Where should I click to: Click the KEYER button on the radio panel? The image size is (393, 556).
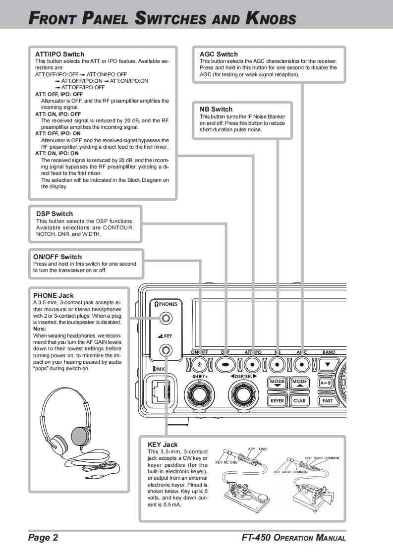coord(277,400)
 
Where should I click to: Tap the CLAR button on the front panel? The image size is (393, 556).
coord(299,400)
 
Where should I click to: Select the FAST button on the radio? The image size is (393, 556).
coord(328,400)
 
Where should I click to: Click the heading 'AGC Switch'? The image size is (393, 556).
coord(219,54)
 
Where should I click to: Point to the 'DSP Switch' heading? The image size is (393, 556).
coord(55,214)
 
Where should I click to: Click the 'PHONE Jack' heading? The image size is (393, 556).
coord(53,296)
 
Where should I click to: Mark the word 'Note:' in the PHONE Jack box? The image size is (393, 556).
coord(40,329)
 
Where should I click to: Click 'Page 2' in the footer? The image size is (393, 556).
coord(43,538)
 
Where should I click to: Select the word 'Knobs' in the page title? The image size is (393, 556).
coord(271,19)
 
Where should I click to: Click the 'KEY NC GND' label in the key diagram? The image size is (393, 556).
coord(226,462)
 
